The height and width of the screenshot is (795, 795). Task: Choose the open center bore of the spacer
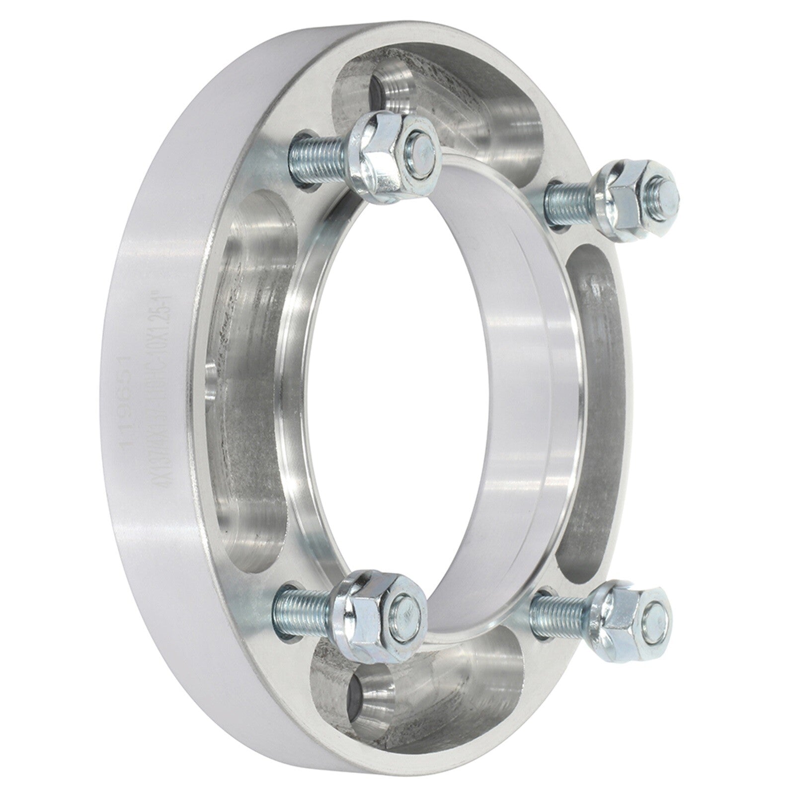(x=437, y=378)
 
